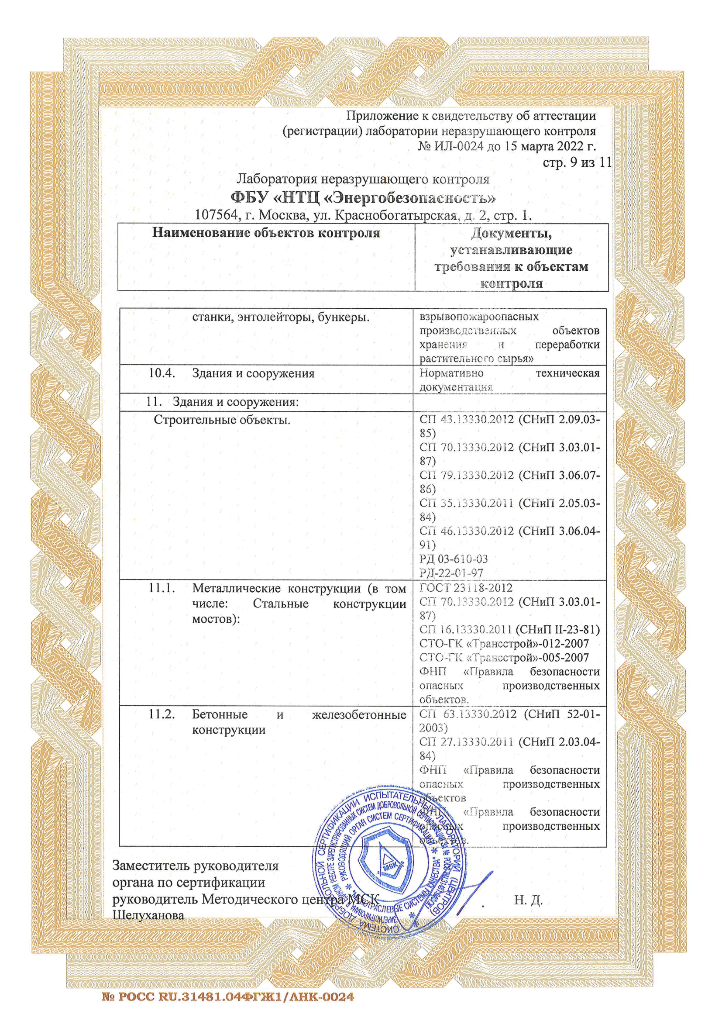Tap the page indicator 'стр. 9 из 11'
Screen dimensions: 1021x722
(x=577, y=162)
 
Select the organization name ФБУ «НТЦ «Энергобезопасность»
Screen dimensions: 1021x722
(x=363, y=197)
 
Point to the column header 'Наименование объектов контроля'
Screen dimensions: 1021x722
(x=266, y=233)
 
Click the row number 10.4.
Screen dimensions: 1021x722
(x=161, y=373)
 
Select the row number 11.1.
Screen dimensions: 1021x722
(x=161, y=589)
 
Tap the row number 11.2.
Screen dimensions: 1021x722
(x=161, y=715)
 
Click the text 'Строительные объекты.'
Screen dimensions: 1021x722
(x=222, y=420)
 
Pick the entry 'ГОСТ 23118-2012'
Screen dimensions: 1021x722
(x=466, y=588)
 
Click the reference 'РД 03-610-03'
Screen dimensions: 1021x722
(x=454, y=559)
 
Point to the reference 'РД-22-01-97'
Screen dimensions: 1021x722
(x=451, y=573)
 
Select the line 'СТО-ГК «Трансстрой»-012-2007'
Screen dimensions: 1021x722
(x=504, y=644)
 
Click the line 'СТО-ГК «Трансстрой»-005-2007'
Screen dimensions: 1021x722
(x=504, y=658)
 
